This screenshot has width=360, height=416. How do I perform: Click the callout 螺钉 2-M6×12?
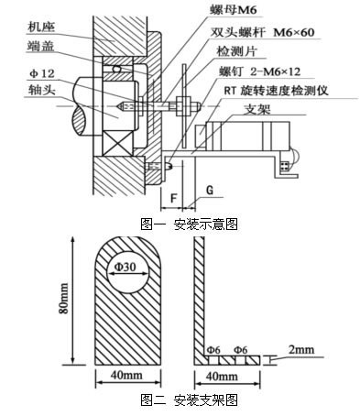pos(277,73)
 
